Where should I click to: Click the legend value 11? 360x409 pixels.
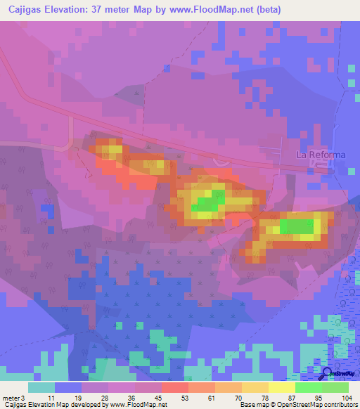point(50,398)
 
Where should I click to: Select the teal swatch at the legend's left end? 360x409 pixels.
point(41,387)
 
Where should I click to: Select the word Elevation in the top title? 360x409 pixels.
point(79,9)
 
